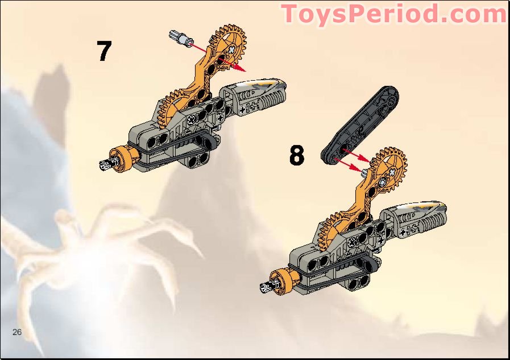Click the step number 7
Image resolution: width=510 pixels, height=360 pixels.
pyautogui.click(x=104, y=51)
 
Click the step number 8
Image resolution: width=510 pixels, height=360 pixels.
pyautogui.click(x=296, y=155)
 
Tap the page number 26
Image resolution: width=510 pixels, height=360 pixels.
pyautogui.click(x=16, y=332)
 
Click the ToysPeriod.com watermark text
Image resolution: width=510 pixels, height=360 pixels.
pyautogui.click(x=393, y=14)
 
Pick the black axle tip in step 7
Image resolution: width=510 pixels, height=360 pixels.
pyautogui.click(x=106, y=165)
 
